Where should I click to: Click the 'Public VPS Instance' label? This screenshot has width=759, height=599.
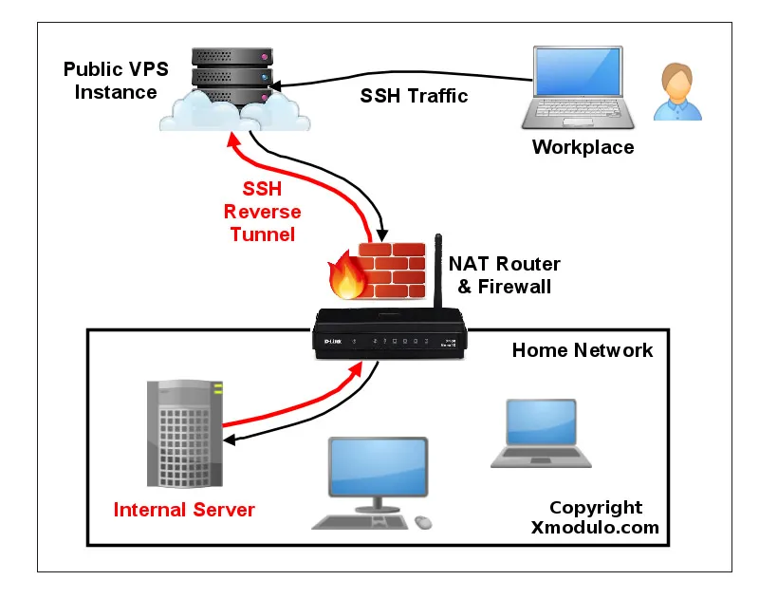point(109,81)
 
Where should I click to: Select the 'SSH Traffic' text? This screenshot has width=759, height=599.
point(414,96)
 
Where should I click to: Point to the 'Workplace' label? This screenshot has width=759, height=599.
point(583,147)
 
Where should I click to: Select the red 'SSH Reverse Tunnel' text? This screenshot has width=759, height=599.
point(262,211)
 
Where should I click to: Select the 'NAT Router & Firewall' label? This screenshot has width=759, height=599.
point(504,274)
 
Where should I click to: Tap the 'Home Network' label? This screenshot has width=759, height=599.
point(583,350)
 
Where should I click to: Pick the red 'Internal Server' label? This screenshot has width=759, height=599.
point(184,510)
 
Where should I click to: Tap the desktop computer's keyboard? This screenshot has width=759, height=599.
point(361,522)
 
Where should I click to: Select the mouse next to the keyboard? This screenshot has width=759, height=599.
point(422,522)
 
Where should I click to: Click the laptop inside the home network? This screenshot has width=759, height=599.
point(540,432)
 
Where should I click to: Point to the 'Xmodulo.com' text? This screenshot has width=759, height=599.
point(595,529)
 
